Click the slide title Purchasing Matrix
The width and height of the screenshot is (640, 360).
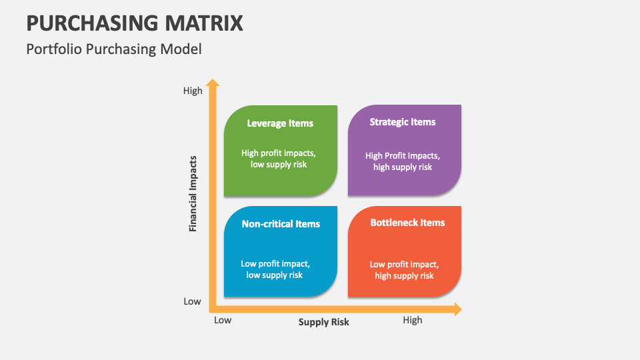coord(135,23)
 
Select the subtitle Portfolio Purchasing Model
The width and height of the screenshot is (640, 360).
coord(114,49)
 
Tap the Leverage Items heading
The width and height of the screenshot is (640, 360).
coord(280,123)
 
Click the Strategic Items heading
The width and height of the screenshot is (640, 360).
coord(403,122)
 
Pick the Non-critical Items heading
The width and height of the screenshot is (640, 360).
coord(281,224)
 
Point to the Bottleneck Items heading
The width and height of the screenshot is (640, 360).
coord(407,223)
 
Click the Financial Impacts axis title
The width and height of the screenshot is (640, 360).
coord(193,194)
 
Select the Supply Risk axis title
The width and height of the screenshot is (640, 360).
coord(323,322)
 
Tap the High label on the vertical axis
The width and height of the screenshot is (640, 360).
coord(193,91)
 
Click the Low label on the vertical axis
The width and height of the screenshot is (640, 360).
coord(192,301)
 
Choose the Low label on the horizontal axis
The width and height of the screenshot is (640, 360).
coord(223,320)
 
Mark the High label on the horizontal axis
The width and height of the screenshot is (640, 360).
coord(413,320)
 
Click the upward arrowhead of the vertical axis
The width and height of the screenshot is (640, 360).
coord(213,83)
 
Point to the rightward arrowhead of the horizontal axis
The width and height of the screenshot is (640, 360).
coord(457,309)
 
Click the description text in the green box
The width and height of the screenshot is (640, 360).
coord(279,159)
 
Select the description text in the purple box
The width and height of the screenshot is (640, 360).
coord(403,161)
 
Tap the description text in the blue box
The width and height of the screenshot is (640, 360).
coord(275,269)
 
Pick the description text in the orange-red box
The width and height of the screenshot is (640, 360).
coord(404,270)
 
